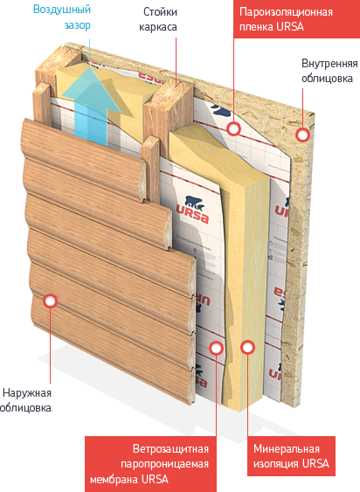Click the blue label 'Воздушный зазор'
click(62, 17)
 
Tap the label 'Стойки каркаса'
click(158, 19)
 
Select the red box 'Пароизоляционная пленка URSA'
click(296, 19)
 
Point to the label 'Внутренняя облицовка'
click(329, 71)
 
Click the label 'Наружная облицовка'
click(25, 400)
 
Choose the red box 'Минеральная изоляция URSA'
click(291, 456)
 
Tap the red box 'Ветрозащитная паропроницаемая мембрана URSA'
click(150, 464)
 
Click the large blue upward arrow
click(91, 103)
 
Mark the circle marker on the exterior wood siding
click(49, 301)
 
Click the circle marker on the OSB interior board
click(302, 135)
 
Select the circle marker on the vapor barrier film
click(233, 128)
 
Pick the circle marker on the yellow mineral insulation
click(248, 347)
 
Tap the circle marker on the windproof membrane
click(216, 348)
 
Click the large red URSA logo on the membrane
click(192, 214)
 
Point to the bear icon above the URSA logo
click(194, 203)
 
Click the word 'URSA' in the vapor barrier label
click(290, 26)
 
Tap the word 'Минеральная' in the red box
click(287, 449)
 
